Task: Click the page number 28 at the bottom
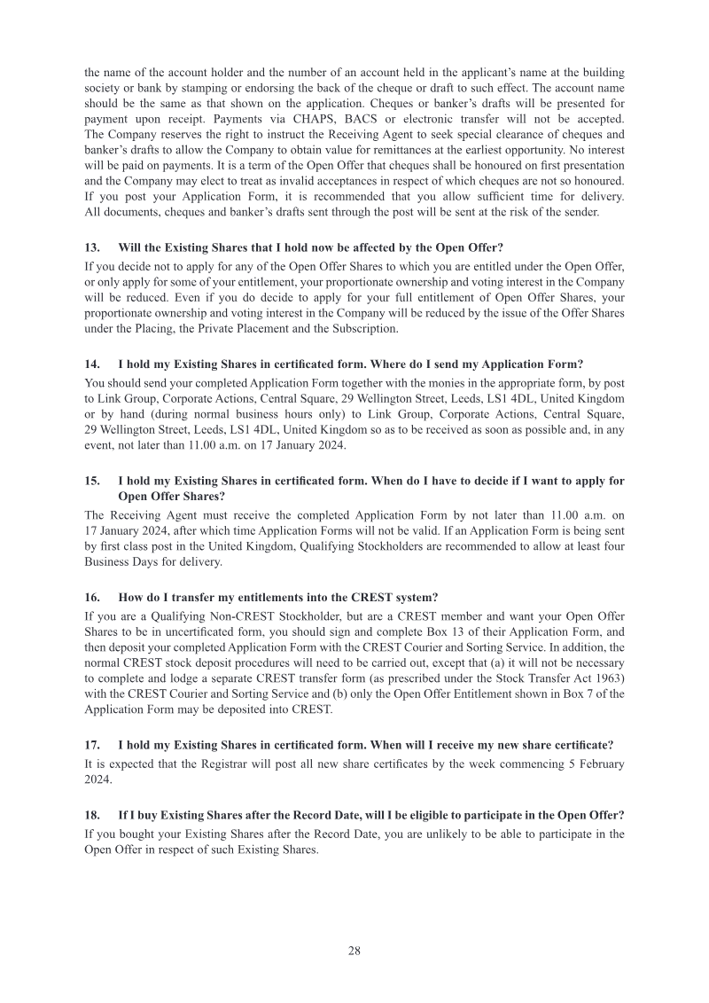click(354, 951)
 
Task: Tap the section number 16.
click(91, 597)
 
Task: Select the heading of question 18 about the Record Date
click(371, 815)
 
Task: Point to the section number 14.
click(91, 364)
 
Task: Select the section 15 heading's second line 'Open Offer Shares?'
click(171, 497)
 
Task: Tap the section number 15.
click(91, 482)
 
